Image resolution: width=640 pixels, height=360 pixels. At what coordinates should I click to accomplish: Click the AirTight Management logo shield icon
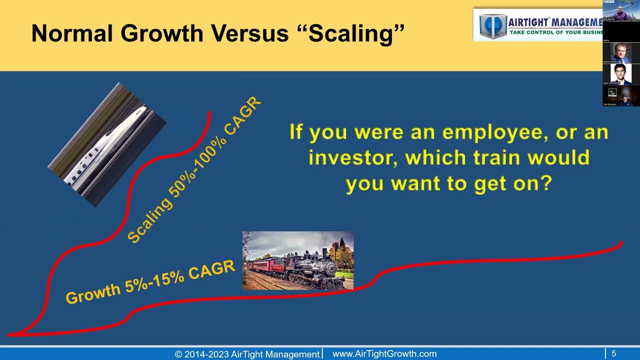coord(492,25)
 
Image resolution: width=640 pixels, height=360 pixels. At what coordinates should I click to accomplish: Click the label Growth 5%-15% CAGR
coord(150,282)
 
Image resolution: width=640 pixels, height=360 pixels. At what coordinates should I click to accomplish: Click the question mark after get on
coord(546,183)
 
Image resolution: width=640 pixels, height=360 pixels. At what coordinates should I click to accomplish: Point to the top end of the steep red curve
coord(209,113)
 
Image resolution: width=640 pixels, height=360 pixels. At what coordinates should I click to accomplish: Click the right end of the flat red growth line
coord(621,243)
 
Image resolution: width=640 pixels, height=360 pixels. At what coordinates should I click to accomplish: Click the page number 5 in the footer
coord(613,354)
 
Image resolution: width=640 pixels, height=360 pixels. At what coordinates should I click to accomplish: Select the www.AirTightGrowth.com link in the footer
coord(384,354)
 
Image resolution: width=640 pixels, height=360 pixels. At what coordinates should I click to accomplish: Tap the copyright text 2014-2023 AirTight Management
coord(247,354)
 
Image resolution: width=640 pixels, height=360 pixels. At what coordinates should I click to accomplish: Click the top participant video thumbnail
coord(621,11)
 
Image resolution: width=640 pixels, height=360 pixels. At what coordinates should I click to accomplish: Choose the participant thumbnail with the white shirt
coord(621,74)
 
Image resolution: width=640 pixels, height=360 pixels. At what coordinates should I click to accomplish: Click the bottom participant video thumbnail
coord(621,95)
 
